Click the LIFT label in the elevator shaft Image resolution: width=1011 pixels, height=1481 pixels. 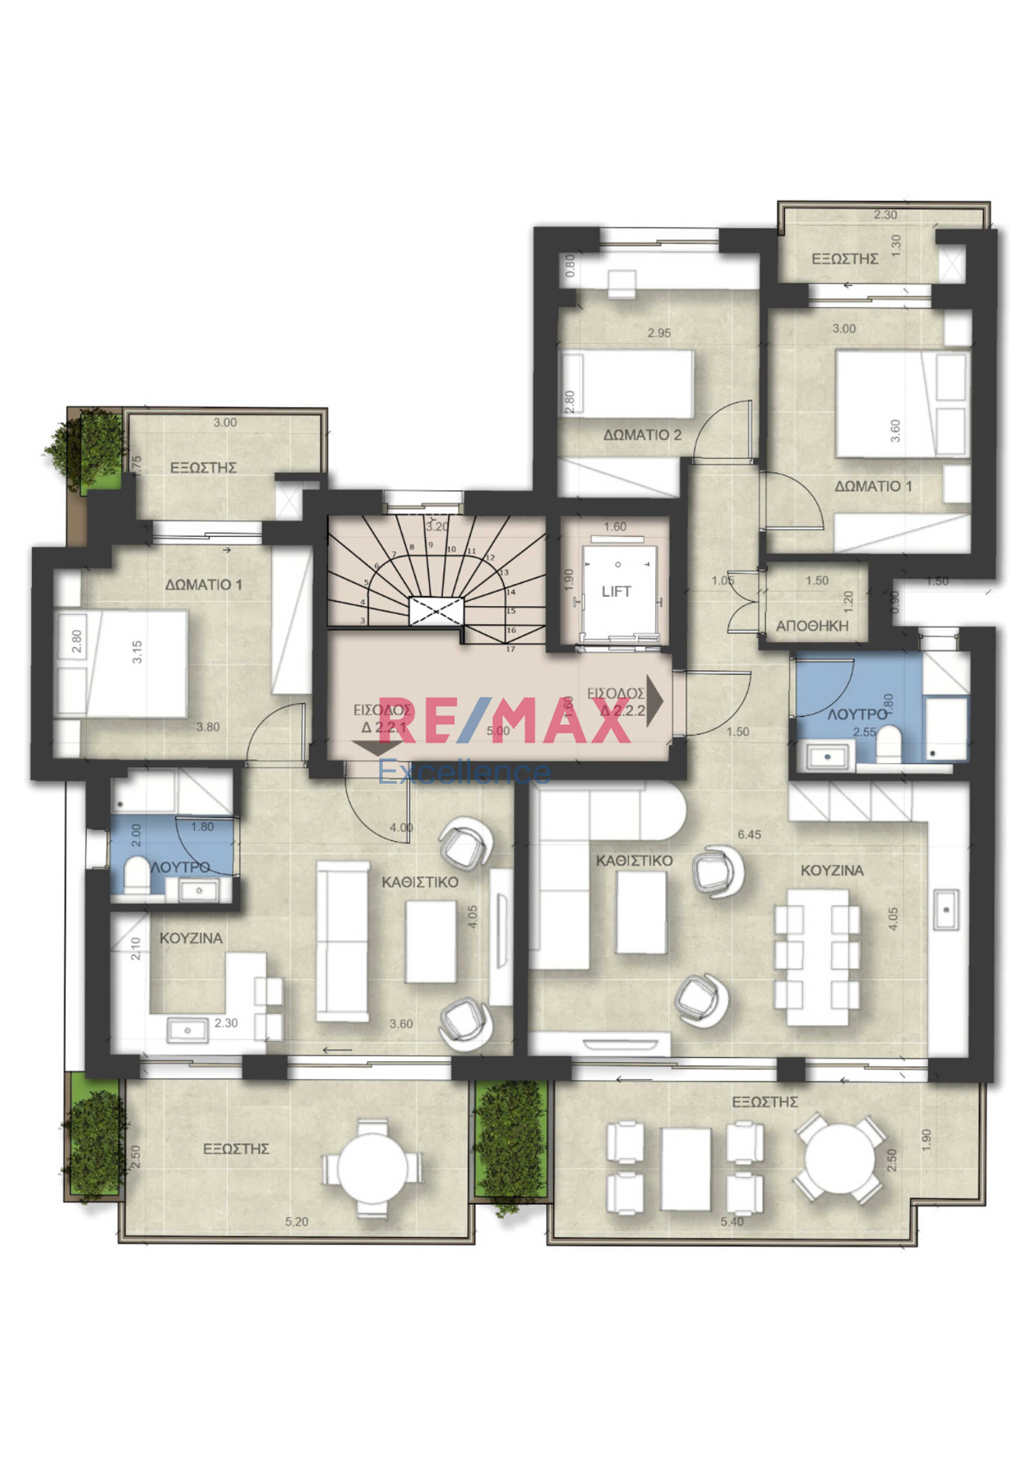(616, 592)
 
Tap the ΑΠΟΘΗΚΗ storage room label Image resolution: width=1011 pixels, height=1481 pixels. (811, 626)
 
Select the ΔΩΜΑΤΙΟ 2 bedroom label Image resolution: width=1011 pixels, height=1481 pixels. (642, 435)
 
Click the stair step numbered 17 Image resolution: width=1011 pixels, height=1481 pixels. (510, 649)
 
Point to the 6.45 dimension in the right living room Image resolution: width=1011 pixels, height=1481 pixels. (749, 835)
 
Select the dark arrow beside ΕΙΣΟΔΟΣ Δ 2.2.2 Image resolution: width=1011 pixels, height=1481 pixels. (655, 701)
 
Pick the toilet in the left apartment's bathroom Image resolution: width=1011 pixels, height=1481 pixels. (136, 875)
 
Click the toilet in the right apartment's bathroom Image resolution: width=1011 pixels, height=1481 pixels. (888, 744)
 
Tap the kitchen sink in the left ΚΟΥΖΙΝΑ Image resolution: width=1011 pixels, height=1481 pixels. (187, 1030)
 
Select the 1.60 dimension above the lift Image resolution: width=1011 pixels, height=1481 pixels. (615, 527)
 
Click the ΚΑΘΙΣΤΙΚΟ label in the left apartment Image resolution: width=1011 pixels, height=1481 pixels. (420, 883)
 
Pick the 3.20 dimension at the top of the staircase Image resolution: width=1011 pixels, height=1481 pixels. (437, 527)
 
